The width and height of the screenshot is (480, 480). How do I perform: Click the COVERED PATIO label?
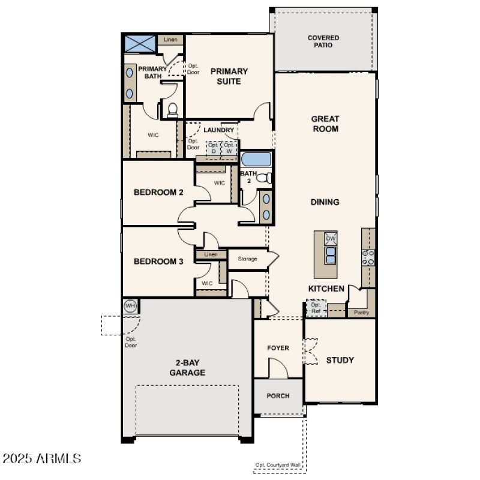(323, 42)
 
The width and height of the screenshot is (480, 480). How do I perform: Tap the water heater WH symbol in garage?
(130, 307)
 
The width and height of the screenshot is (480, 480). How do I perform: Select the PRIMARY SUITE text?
(229, 76)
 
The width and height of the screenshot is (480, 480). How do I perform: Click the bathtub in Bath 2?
(256, 160)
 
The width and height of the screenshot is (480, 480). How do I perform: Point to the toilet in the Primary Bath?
(172, 109)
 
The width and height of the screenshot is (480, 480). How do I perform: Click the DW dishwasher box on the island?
(331, 238)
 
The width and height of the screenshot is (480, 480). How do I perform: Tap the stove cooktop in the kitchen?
(368, 257)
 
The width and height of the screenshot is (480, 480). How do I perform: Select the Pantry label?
(362, 313)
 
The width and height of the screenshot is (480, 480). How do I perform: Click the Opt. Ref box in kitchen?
(316, 308)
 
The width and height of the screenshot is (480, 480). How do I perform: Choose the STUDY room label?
(340, 360)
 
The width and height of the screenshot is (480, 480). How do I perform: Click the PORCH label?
(278, 395)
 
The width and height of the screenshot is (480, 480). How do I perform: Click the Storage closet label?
(247, 259)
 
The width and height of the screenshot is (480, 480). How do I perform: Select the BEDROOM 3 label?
(158, 261)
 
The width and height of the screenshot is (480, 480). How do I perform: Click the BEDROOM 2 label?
(158, 193)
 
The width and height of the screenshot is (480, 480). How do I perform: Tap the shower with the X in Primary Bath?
(140, 44)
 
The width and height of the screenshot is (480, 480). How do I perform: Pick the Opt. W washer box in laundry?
(229, 148)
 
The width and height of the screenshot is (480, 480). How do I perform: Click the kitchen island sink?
(331, 256)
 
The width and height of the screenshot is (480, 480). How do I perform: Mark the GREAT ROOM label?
(325, 124)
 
